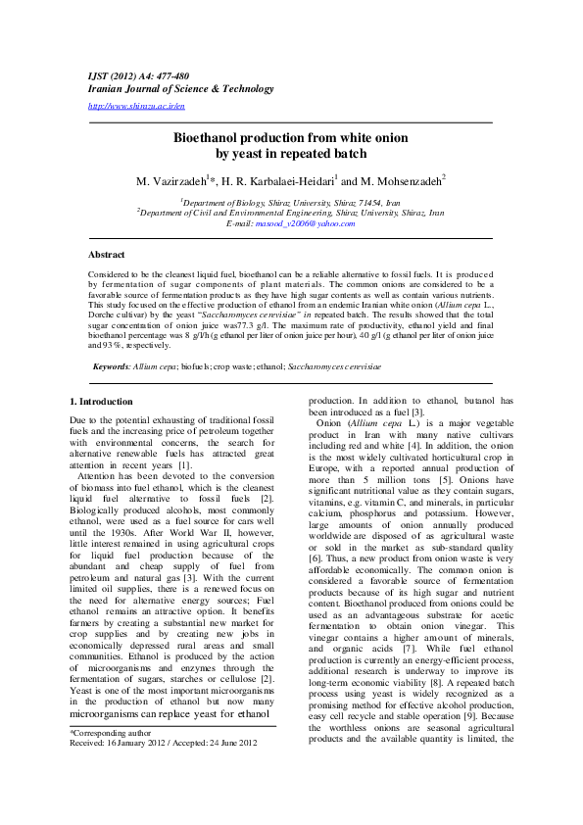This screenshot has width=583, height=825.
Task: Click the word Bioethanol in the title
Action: [x=208, y=138]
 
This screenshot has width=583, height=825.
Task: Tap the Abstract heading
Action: [x=107, y=255]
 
